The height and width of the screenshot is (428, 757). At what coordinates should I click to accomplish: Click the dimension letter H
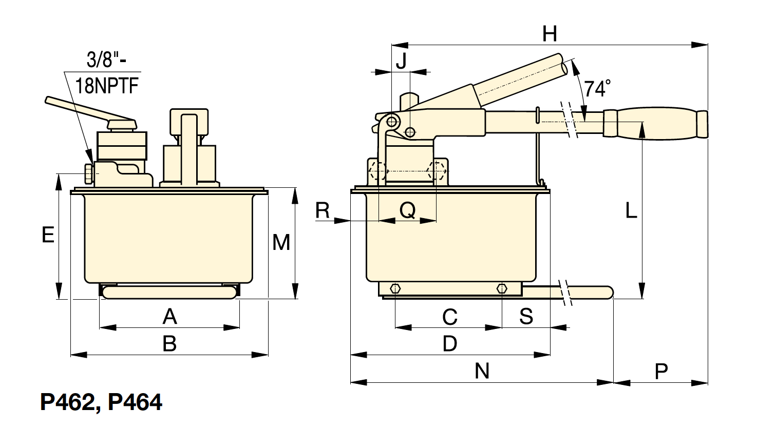[x=550, y=34]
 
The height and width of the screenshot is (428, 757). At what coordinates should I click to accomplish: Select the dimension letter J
[x=401, y=61]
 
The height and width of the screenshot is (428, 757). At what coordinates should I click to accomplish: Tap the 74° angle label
[x=597, y=88]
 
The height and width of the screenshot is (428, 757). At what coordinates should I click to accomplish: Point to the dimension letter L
[x=631, y=210]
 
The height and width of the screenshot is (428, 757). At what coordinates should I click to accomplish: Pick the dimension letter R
[x=323, y=210]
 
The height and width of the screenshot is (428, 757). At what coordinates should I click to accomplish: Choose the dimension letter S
[x=526, y=317]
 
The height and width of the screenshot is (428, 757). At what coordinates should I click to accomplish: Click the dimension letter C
[x=450, y=317]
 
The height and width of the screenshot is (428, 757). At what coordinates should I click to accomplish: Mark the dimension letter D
[x=450, y=344]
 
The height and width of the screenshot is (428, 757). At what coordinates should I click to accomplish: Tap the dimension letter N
[x=482, y=371]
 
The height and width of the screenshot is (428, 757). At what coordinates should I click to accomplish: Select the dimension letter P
[x=661, y=371]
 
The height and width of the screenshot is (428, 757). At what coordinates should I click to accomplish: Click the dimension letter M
[x=281, y=242]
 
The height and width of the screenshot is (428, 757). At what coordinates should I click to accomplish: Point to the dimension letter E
[x=48, y=235]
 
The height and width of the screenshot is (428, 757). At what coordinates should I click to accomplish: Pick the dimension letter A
[x=169, y=317]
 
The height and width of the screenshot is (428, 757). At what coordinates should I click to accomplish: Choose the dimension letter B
[x=169, y=344]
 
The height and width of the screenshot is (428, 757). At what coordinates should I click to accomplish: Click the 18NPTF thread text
[x=107, y=85]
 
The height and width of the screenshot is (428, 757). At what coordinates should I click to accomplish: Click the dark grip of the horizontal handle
[x=655, y=124]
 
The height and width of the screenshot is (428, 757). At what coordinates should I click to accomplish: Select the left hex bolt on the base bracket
[x=395, y=289]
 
